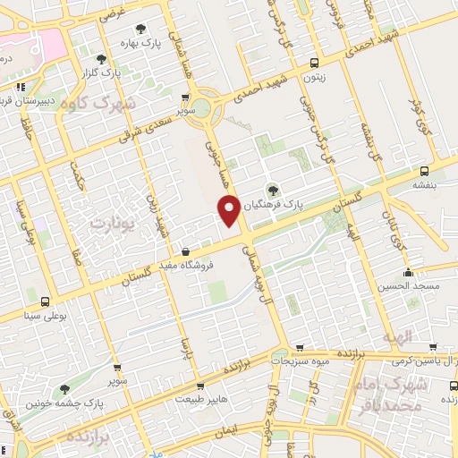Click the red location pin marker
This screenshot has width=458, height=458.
229,209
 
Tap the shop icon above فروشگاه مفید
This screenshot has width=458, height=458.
185,251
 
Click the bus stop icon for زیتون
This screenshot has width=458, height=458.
314,63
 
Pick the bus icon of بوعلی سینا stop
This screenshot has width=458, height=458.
45,301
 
